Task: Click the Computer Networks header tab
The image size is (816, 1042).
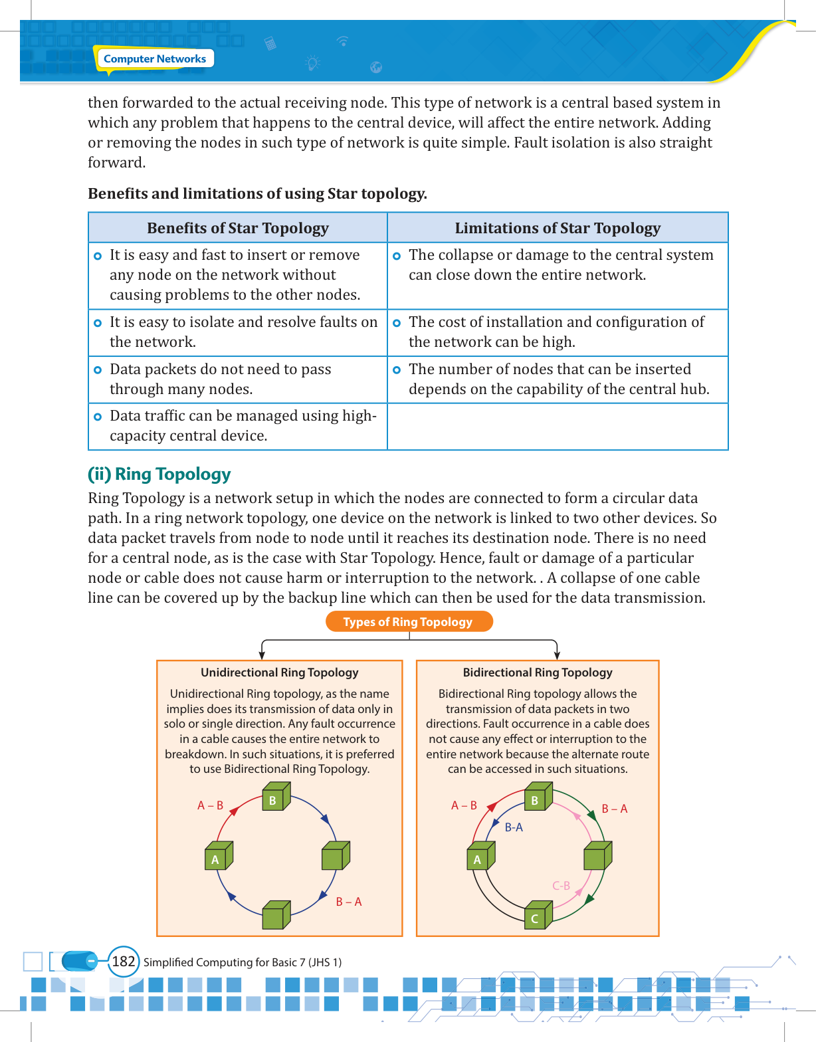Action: (x=155, y=59)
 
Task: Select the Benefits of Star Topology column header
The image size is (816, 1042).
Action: (x=238, y=228)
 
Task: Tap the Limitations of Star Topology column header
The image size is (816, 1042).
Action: (x=558, y=228)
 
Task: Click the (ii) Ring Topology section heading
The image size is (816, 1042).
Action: (x=159, y=474)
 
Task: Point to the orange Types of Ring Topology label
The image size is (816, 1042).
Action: (x=408, y=622)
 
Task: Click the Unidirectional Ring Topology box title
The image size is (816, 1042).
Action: (x=280, y=673)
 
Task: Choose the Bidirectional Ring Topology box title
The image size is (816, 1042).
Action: (x=538, y=673)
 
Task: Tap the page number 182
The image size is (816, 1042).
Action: (x=124, y=962)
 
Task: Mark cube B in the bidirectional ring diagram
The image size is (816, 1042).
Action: (x=538, y=797)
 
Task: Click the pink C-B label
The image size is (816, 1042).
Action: (x=561, y=886)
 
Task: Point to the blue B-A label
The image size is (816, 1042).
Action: (x=514, y=827)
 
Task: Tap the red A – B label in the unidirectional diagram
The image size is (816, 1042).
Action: (x=210, y=805)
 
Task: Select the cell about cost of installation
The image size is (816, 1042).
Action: (x=558, y=332)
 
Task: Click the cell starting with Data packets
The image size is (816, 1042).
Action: (x=238, y=379)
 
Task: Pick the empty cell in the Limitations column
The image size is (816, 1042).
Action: (x=558, y=427)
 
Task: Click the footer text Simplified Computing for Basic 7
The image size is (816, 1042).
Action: (x=243, y=962)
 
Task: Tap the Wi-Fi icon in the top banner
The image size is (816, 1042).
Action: (x=343, y=41)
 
